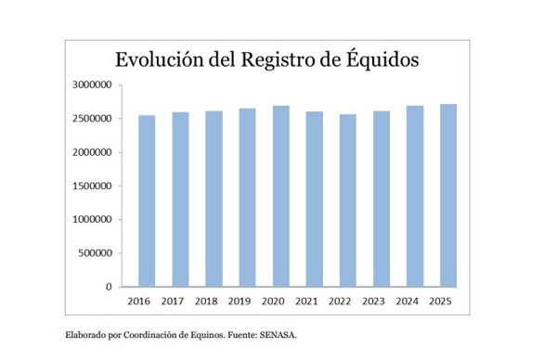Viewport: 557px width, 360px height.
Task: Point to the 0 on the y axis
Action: pos(110,287)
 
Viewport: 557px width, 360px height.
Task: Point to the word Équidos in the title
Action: pos(381,59)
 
